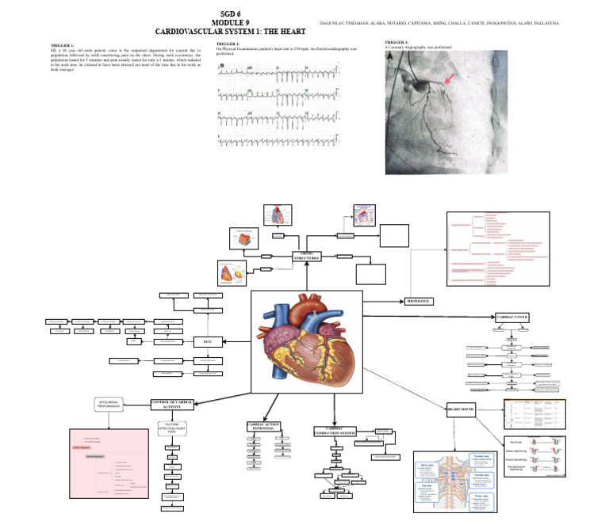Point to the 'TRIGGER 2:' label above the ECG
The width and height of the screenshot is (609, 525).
click(x=228, y=44)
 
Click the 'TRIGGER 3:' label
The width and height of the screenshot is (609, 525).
click(x=396, y=41)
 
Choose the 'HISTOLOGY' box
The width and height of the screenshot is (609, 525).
click(x=419, y=301)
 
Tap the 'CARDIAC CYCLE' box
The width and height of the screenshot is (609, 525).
click(x=511, y=317)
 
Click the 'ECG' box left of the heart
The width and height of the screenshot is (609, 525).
click(x=208, y=341)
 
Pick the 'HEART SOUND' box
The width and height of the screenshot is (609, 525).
click(x=461, y=409)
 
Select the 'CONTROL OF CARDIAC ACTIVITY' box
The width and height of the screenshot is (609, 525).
click(x=174, y=404)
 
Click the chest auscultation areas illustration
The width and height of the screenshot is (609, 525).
click(x=456, y=481)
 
